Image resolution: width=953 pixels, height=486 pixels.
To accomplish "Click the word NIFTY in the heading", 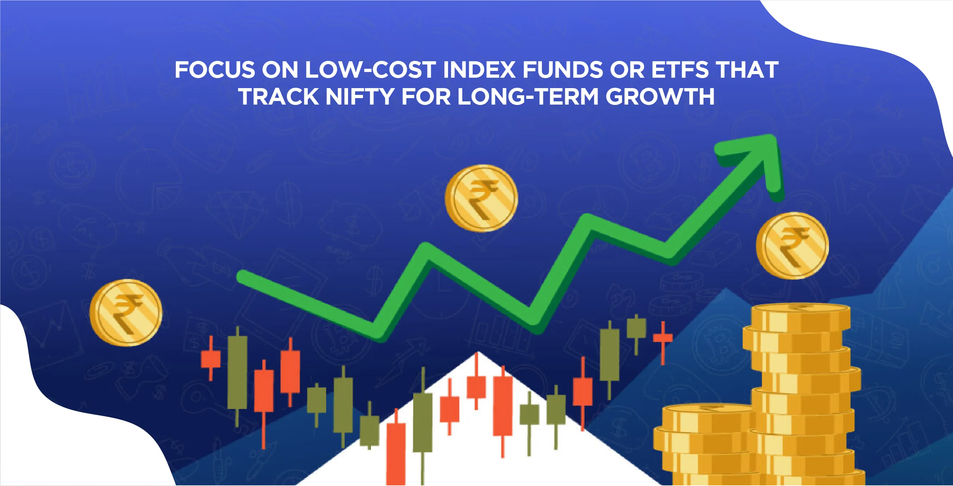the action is pos(359,96).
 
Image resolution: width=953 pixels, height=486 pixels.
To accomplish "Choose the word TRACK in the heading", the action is pos(279,96).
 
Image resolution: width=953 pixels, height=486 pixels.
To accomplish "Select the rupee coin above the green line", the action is pos(481,198).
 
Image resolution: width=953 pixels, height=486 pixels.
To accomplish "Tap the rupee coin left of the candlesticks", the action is pos(126,312).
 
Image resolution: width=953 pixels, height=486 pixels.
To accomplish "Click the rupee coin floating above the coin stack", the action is pos(792,246).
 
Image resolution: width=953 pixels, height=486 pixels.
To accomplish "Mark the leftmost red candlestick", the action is pos(210,359).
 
